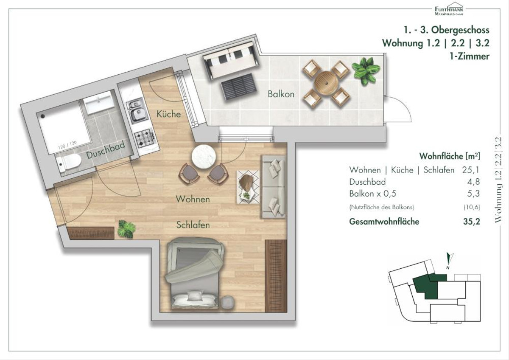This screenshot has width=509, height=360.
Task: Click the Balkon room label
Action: tap(281, 94)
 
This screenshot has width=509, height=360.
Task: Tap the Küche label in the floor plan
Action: tap(169, 114)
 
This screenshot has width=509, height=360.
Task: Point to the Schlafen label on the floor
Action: tap(193, 225)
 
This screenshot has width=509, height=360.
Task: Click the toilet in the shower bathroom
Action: tap(68, 163)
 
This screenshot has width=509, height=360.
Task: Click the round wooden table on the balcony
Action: tap(326, 83)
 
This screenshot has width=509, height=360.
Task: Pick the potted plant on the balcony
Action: tap(365, 71)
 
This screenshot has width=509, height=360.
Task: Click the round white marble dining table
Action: tap(203, 157)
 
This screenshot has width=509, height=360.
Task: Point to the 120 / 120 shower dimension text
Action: tap(67, 145)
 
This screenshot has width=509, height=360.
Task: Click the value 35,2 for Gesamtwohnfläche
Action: tap(472, 222)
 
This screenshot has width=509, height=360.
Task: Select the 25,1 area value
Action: tap(470, 170)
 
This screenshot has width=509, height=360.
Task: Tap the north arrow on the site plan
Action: tap(449, 260)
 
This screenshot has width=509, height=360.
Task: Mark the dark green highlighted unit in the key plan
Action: tap(427, 286)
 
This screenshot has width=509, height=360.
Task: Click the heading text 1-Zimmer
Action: tap(470, 56)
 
